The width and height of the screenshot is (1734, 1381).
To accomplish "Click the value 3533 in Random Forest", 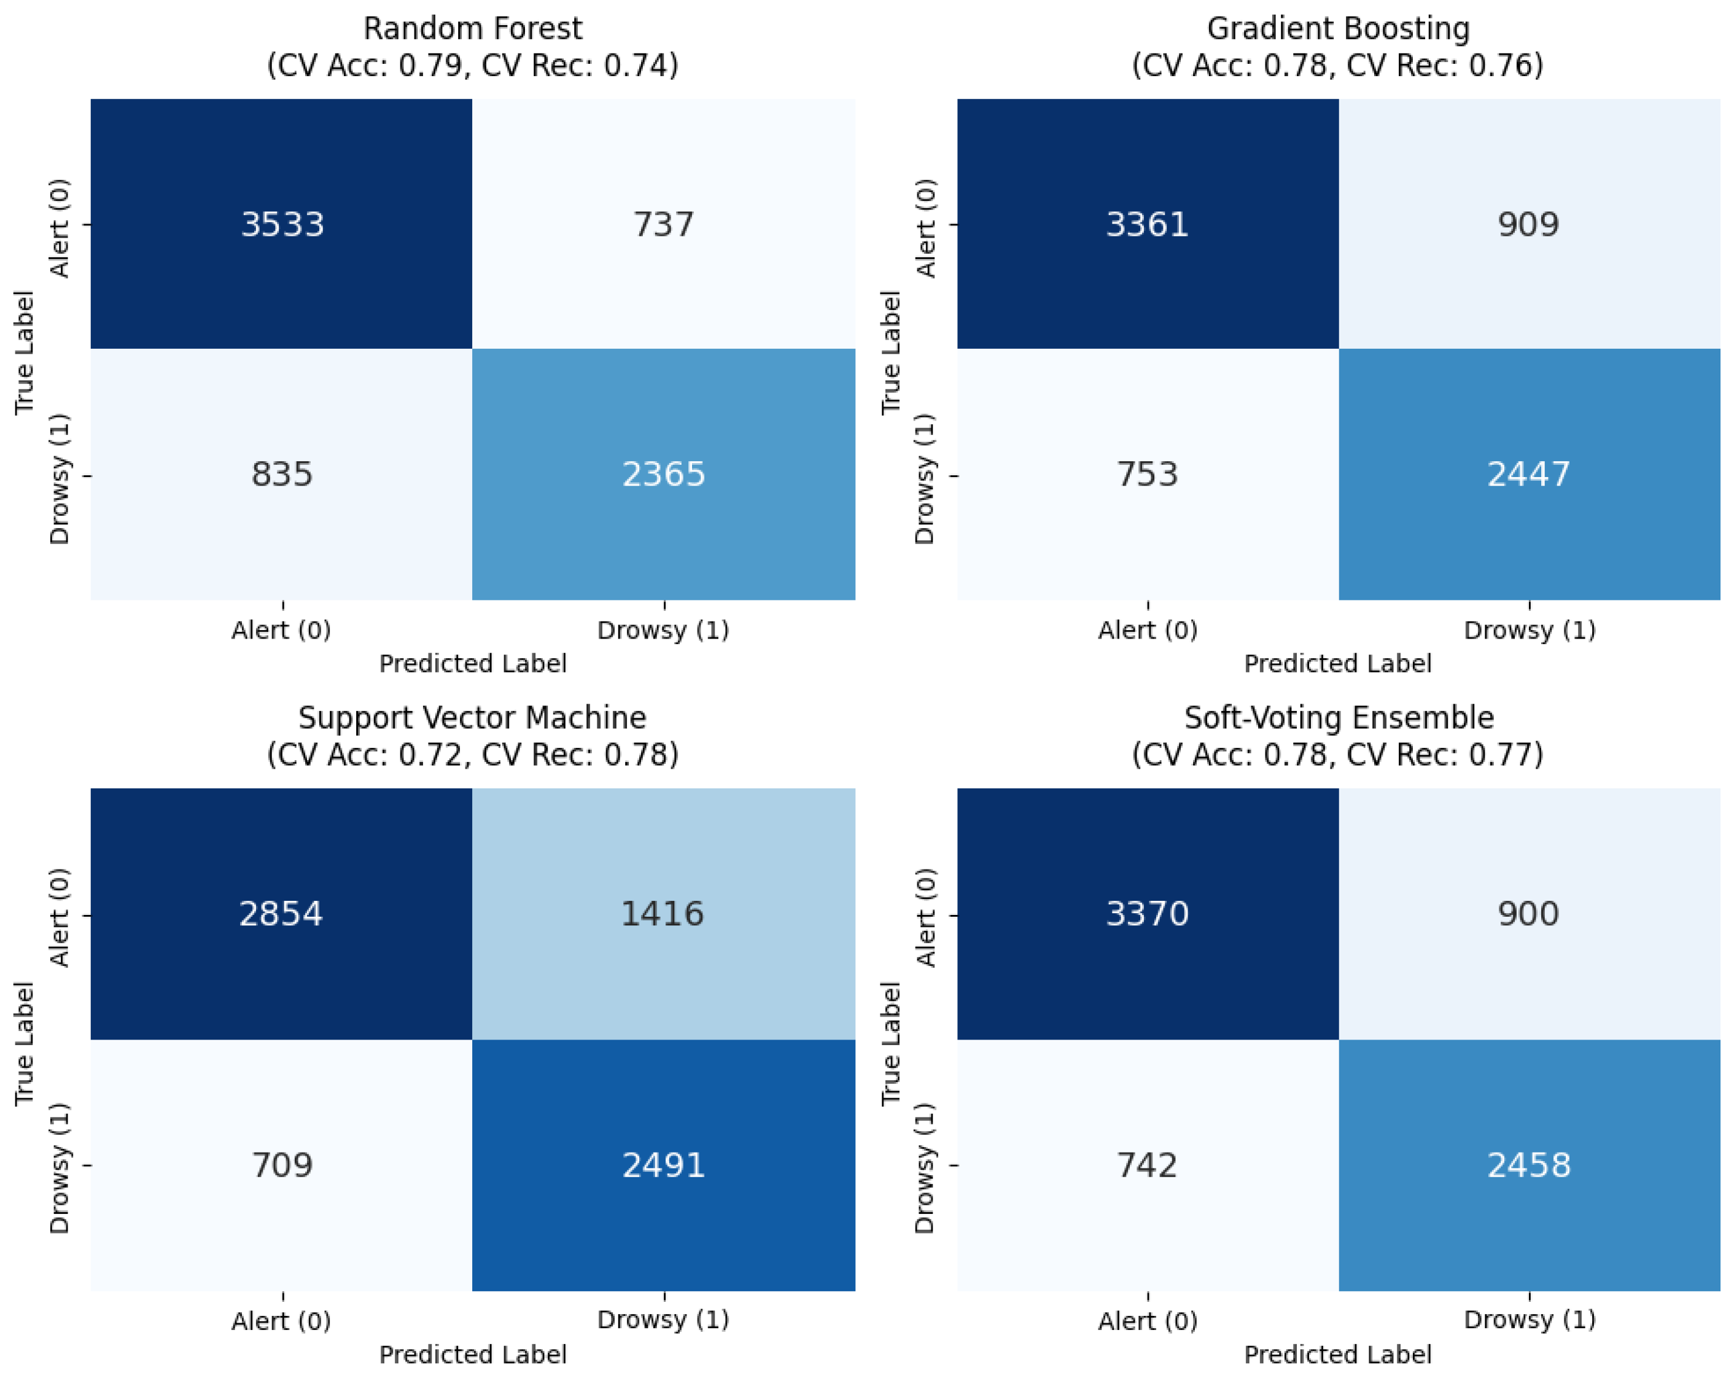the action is point(282,224).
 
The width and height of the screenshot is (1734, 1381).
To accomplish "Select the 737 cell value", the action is point(664,224).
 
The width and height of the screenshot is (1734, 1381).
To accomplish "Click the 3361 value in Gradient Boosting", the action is point(1148,224).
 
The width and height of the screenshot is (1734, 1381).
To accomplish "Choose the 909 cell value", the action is point(1529,224).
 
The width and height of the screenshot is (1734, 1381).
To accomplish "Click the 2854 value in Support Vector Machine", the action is point(281,914).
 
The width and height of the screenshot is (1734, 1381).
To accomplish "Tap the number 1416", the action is point(663,914).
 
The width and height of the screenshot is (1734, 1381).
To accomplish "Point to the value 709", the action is point(282,1165).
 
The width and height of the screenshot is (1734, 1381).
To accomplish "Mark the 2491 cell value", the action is point(664,1165).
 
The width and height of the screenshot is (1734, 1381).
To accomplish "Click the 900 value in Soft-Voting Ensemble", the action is point(1529,914).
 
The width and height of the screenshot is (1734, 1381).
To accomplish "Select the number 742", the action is point(1148,1165).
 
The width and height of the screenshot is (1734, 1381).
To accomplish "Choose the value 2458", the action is point(1529,1165).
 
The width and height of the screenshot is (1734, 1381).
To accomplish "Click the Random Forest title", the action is point(473,29).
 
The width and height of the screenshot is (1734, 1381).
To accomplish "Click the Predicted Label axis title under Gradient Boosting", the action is point(1339,664).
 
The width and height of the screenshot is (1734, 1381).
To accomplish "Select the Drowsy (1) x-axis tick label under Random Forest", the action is point(664,630).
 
